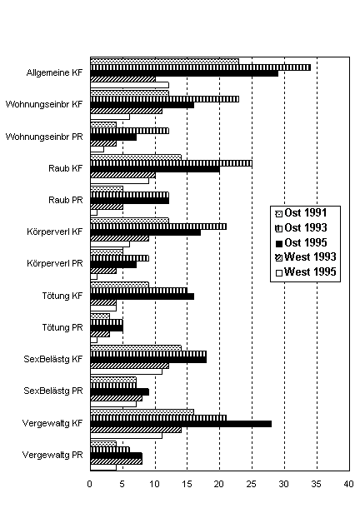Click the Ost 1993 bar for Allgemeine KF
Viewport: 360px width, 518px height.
[200, 67]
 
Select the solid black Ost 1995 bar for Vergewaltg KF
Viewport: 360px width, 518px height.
[181, 424]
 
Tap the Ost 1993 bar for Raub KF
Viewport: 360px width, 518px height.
[171, 163]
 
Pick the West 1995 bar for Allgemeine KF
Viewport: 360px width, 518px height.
[130, 85]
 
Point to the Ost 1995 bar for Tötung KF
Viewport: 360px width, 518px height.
[142, 296]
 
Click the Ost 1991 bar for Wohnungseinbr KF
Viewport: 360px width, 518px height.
[130, 93]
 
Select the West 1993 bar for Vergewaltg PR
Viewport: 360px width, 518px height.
[117, 461]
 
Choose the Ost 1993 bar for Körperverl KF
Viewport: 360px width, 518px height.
[158, 227]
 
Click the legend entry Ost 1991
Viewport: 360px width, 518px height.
[301, 213]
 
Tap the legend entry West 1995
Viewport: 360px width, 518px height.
[306, 272]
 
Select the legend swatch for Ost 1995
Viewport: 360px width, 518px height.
[279, 243]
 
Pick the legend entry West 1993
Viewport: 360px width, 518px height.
[306, 257]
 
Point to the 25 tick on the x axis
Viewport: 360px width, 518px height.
[252, 471]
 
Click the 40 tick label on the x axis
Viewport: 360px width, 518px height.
[349, 484]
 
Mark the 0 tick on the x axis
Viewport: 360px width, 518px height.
[90, 471]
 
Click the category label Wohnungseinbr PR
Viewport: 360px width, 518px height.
[44, 137]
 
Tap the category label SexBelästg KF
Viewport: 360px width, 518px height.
[52, 359]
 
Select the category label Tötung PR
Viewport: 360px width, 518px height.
[62, 327]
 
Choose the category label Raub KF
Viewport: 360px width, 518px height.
[66, 168]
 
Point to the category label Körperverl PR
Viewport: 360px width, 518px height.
[55, 264]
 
